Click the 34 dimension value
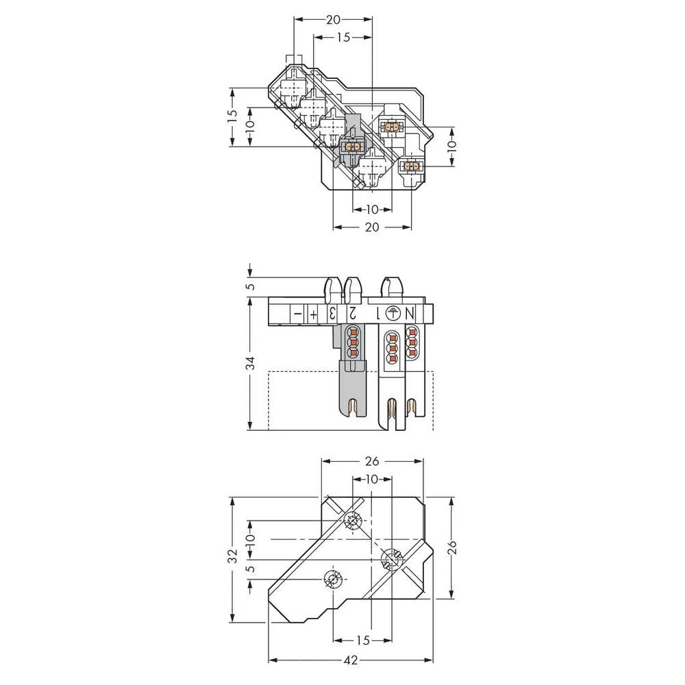coord(251,363)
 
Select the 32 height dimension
coord(233,553)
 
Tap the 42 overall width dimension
coord(351,661)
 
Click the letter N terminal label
coord(410,313)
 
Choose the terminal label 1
coord(375,313)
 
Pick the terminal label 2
coord(351,313)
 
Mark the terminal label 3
coord(332,314)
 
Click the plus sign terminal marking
coord(313,314)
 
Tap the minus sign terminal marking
coord(297,314)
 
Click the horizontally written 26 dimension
coord(371,461)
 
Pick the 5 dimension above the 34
coord(251,286)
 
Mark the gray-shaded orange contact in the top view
coord(353,147)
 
